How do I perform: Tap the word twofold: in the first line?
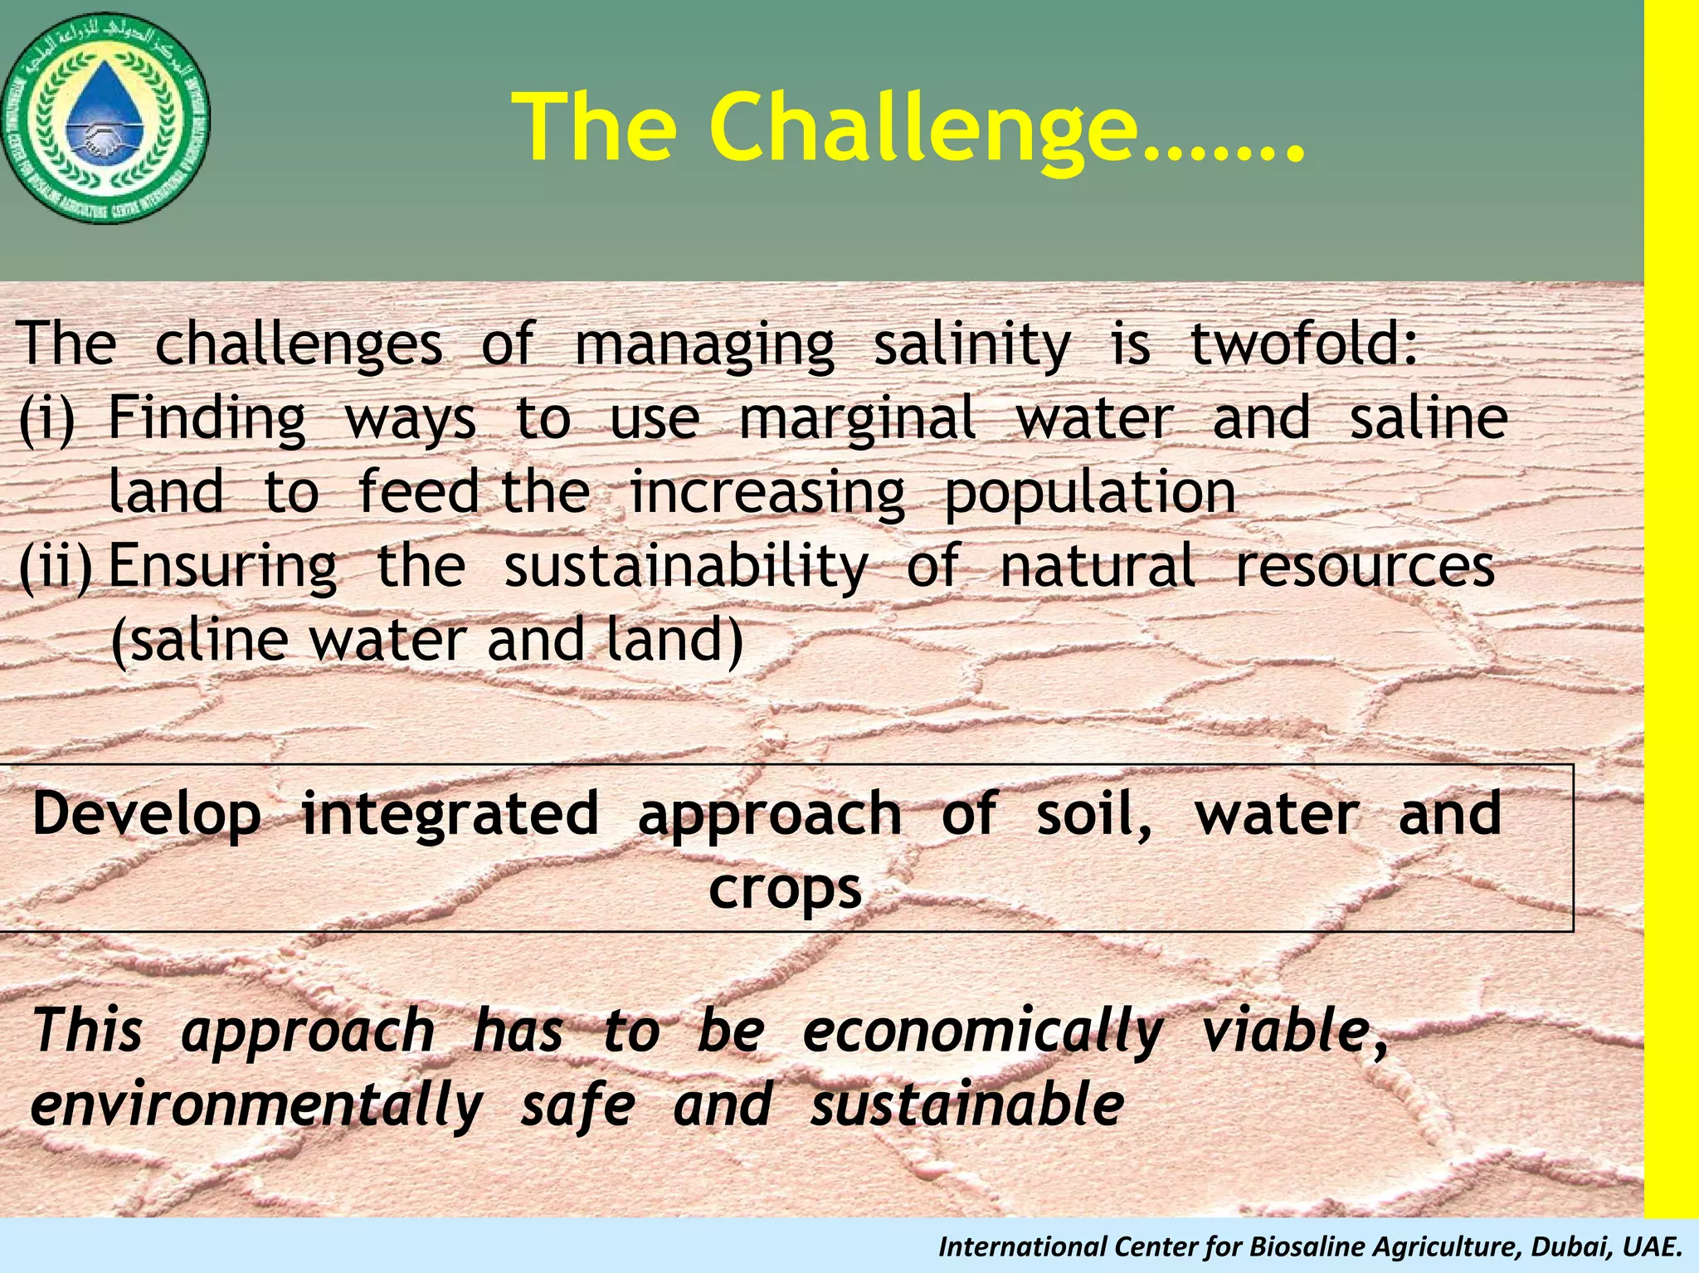[1303, 344]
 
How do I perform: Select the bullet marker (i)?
[46, 419]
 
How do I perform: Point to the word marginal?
[857, 419]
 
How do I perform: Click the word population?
[1090, 493]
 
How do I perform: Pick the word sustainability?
[685, 568]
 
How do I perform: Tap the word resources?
[1365, 568]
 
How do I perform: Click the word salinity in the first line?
[971, 345]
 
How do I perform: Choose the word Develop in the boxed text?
[146, 815]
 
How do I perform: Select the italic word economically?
[982, 1032]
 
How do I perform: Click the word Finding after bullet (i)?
[207, 419]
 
